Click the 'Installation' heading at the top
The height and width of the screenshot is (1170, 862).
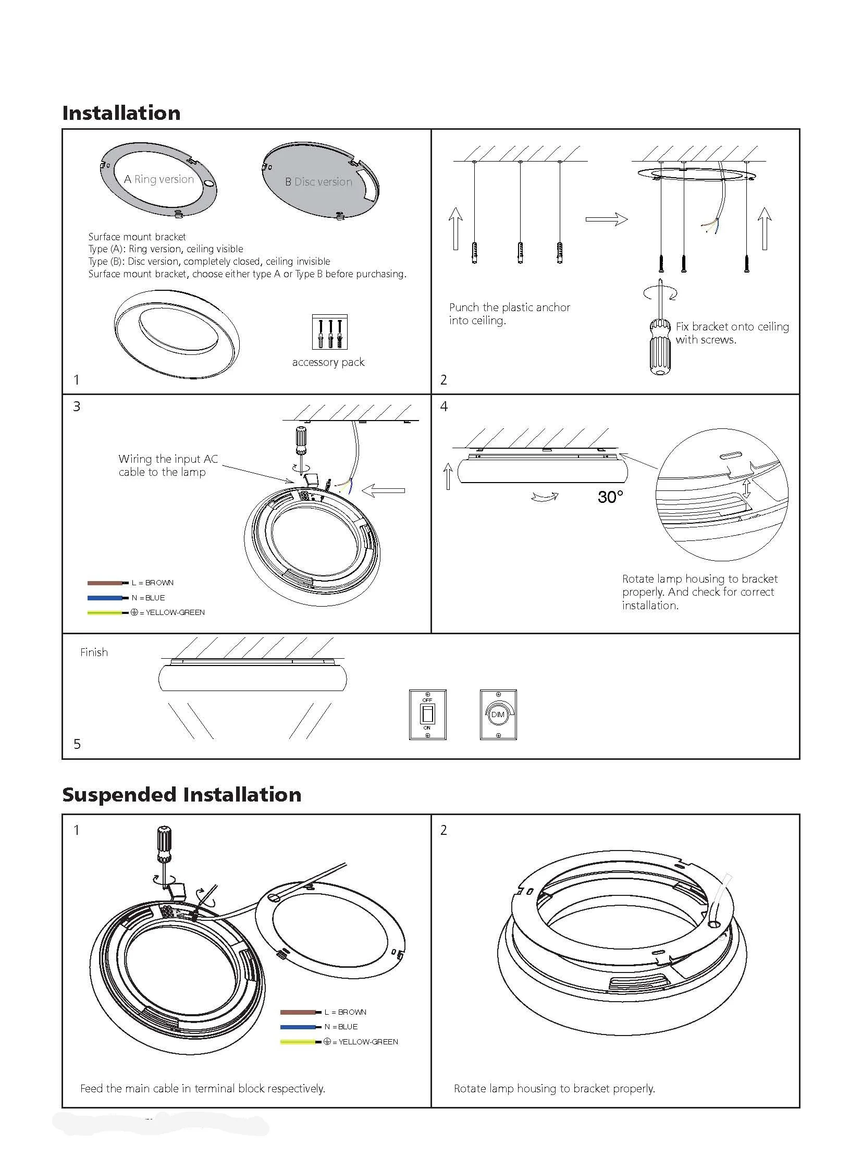point(121,113)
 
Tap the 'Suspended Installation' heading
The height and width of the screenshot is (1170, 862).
point(181,795)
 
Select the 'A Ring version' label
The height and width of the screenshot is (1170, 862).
point(158,179)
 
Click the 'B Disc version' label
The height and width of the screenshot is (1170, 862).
point(318,182)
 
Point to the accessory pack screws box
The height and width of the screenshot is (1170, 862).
point(330,332)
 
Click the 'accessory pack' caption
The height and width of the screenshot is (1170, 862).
point(328,362)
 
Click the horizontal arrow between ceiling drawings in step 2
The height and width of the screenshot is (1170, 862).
point(606,219)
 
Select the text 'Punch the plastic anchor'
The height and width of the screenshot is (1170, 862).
point(509,307)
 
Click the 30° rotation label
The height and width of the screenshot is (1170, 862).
point(610,497)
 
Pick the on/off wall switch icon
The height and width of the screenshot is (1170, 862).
point(427,715)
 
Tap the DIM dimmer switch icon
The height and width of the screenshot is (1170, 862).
point(498,715)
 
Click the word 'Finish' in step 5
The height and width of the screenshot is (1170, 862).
point(94,652)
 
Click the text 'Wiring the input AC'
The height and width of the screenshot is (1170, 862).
point(168,459)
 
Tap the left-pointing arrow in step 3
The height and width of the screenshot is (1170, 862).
point(384,490)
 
